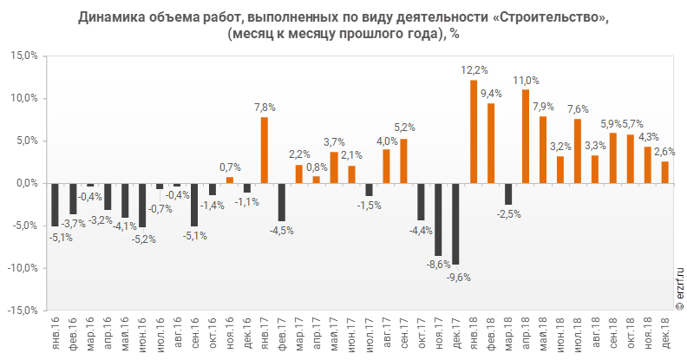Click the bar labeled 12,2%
click(x=474, y=132)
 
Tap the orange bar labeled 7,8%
click(x=265, y=150)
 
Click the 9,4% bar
click(x=491, y=143)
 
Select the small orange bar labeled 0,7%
click(x=230, y=180)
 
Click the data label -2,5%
click(x=509, y=214)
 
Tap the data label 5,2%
click(x=404, y=128)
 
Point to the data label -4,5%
click(x=283, y=231)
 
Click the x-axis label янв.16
click(x=55, y=331)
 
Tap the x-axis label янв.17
click(x=265, y=331)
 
